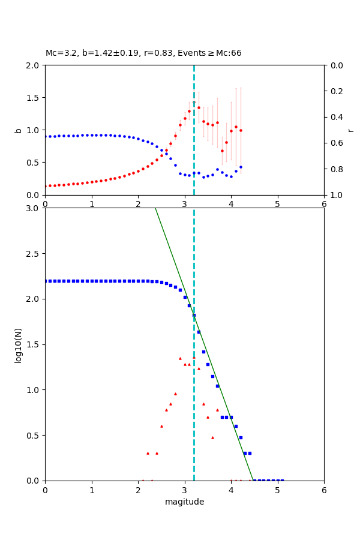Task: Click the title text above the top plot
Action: pyautogui.click(x=143, y=53)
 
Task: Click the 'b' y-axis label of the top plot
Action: pyautogui.click(x=18, y=130)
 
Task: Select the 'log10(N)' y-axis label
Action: pyautogui.click(x=18, y=344)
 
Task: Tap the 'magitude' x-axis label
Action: pyautogui.click(x=184, y=502)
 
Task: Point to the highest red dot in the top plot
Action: pyautogui.click(x=194, y=103)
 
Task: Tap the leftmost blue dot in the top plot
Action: pyautogui.click(x=46, y=136)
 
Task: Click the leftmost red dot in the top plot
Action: pyautogui.click(x=46, y=186)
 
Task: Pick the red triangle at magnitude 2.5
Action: pyautogui.click(x=161, y=426)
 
